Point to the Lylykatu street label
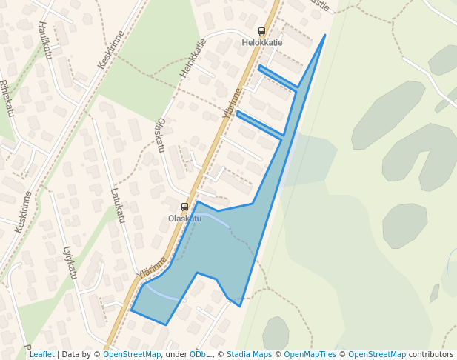[70, 262]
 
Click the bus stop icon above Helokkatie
[261, 31]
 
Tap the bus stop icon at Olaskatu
[184, 207]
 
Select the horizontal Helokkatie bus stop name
[262, 43]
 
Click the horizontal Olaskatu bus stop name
[184, 219]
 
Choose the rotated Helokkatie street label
[192, 59]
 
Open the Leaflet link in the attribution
[41, 355]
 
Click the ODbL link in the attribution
[200, 355]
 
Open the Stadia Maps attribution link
[249, 355]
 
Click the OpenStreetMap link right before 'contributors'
[377, 355]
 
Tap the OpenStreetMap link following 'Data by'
[132, 355]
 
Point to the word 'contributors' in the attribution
[431, 355]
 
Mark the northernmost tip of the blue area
[324, 35]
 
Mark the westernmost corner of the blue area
[131, 310]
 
